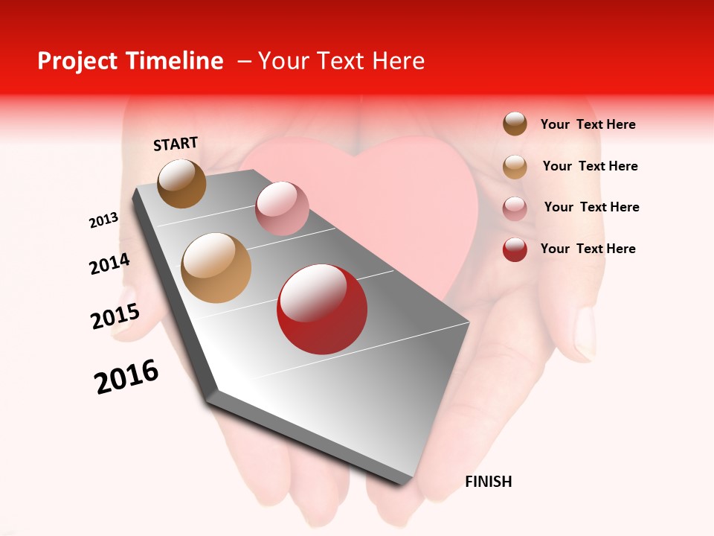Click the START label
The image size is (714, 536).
(176, 143)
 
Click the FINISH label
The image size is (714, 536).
(488, 482)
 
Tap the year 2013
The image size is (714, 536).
(103, 220)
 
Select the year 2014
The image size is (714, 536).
(109, 264)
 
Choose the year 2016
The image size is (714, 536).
(126, 377)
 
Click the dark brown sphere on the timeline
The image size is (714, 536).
(182, 183)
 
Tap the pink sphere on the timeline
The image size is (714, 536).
(282, 208)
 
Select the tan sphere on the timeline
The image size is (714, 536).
(216, 267)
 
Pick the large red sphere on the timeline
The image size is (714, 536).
(322, 309)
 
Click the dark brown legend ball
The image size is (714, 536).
(515, 124)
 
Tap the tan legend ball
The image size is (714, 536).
(515, 166)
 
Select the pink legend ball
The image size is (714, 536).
(515, 208)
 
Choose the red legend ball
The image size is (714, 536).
(515, 249)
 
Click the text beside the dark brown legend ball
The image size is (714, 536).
(588, 124)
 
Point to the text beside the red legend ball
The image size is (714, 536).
(588, 249)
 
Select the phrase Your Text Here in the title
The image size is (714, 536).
(341, 61)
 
